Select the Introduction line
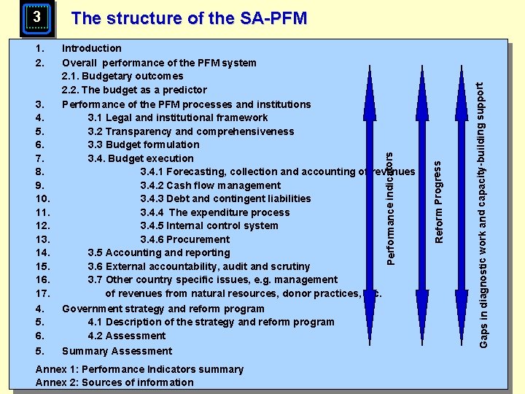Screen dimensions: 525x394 tap(92, 48)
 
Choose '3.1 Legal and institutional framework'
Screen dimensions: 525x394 tap(178, 117)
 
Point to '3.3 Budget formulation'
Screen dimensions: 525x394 tap(144, 144)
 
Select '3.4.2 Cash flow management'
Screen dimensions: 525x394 tap(210, 185)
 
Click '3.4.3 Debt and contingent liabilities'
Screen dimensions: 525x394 tap(225, 198)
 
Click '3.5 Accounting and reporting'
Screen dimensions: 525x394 tap(159, 252)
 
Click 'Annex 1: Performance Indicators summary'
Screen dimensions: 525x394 tap(139, 369)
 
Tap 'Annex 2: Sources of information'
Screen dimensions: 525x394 tap(114, 382)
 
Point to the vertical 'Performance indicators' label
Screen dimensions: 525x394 tap(391, 207)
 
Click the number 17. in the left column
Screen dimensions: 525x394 tap(42, 293)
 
